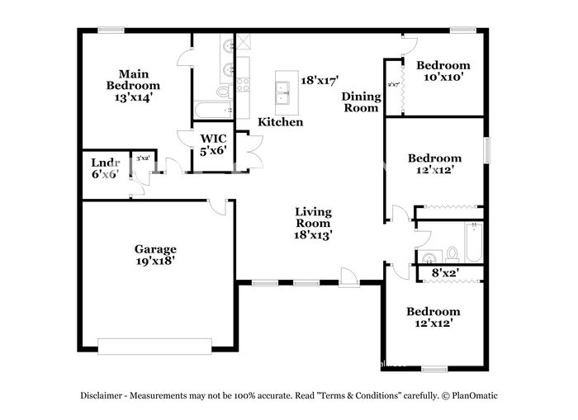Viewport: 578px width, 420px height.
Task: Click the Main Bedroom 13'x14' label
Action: point(133,85)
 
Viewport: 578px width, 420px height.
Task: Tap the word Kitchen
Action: point(280,122)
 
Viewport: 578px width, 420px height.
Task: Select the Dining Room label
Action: point(361,101)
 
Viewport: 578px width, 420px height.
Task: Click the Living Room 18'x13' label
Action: point(313,223)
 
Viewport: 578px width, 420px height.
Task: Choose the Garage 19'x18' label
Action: point(155,254)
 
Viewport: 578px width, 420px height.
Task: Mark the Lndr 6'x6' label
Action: point(105,168)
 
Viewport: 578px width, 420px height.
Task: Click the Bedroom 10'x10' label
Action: point(443,71)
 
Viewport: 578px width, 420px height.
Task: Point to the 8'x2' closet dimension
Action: point(446,272)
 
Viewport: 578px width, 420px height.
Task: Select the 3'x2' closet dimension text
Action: point(143,158)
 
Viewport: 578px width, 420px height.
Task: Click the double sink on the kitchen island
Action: point(285,92)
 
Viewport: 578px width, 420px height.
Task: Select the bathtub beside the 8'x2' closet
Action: point(473,242)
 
